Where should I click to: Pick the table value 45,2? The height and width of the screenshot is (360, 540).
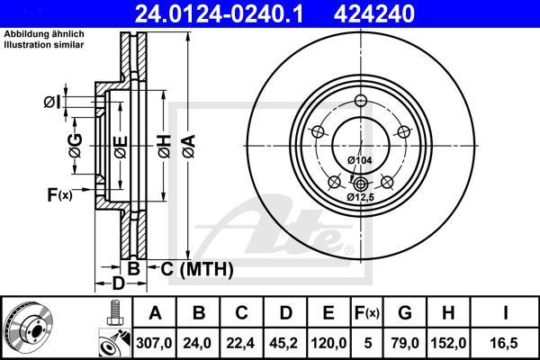[285, 342]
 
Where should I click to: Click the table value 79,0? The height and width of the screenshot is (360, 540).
[405, 342]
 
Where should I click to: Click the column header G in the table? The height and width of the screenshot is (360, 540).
[405, 313]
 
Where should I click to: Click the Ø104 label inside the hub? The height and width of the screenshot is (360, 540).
[360, 160]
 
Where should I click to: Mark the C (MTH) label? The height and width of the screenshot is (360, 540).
[198, 268]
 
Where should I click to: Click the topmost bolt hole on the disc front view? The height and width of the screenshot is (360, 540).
[360, 101]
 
